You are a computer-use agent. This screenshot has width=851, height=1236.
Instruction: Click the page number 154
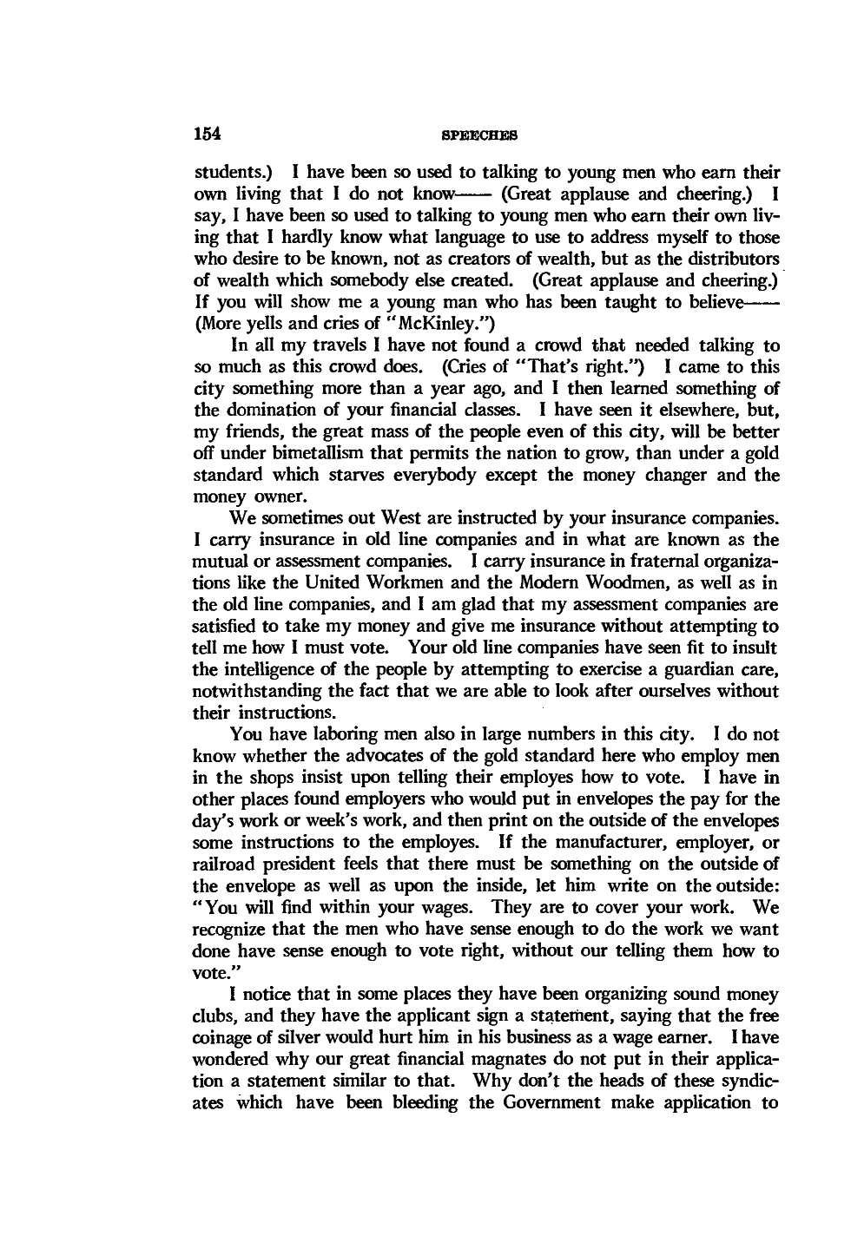click(x=208, y=134)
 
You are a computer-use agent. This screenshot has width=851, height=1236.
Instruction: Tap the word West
click(x=386, y=519)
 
